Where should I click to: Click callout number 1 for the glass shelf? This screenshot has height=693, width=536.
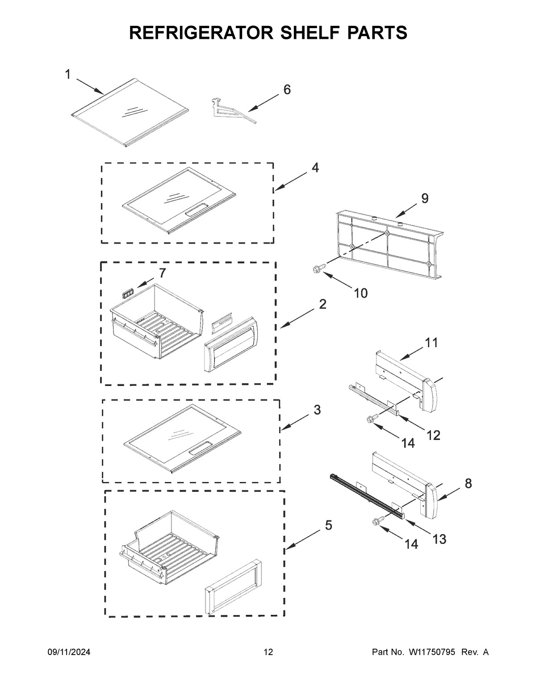67,74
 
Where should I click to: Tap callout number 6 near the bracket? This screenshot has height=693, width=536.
287,90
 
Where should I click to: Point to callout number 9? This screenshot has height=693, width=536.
424,199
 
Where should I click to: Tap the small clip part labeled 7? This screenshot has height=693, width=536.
128,293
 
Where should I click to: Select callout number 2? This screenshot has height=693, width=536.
322,304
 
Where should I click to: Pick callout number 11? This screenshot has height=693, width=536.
431,343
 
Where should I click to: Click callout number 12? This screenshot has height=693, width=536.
433,435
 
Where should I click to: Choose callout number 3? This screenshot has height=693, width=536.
317,410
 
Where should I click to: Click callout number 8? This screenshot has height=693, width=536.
468,483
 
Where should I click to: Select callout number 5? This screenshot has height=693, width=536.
328,526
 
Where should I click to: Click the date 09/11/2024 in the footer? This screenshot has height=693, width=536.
69,652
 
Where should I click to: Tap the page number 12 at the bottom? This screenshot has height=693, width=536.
268,652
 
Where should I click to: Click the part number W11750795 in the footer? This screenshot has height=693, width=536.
431,652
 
